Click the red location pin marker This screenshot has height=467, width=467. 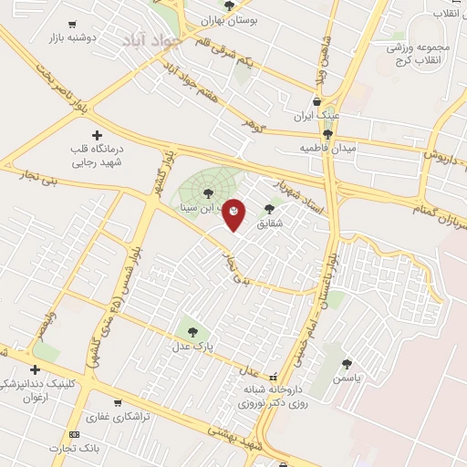[233, 213]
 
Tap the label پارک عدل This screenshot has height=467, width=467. [192, 347]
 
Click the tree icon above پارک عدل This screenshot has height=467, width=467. [192, 331]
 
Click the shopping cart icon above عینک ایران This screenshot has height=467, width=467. [317, 102]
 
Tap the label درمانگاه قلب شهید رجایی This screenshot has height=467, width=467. [97, 155]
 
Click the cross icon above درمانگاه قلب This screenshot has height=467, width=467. [97, 134]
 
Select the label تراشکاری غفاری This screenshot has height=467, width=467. [119, 416]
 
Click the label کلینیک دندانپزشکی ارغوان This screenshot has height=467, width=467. [38, 390]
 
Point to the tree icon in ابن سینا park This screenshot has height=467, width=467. [209, 192]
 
